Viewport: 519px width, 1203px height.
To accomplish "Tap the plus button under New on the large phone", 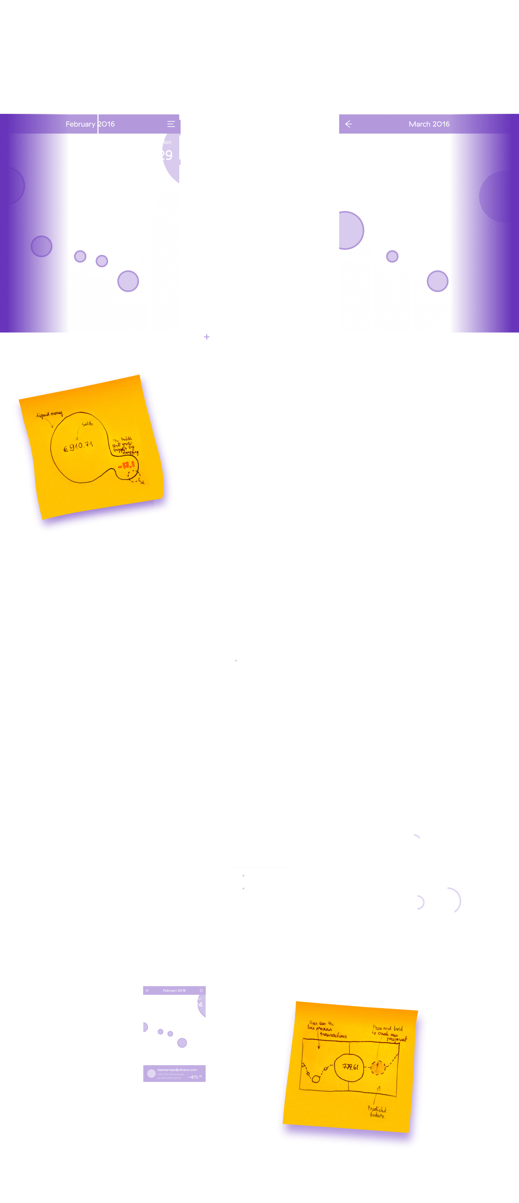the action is (207, 337).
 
